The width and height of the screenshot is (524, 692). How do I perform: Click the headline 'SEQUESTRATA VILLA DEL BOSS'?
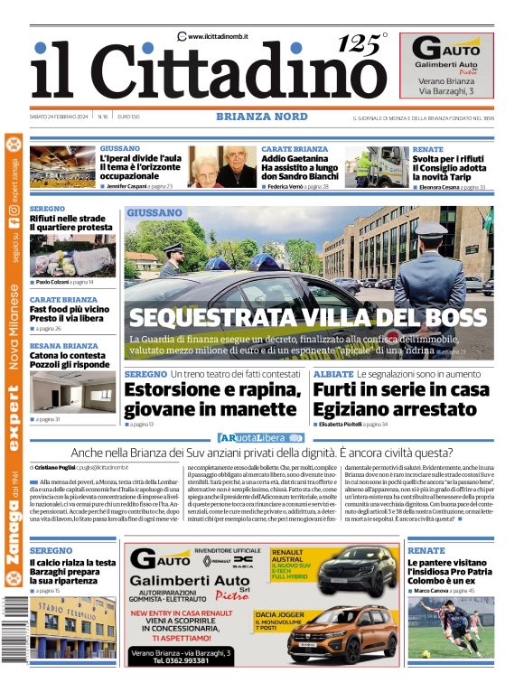tap(307, 317)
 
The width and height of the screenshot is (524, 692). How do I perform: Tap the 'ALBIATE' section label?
tap(333, 374)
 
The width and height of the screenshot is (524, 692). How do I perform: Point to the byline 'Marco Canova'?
tap(435, 590)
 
